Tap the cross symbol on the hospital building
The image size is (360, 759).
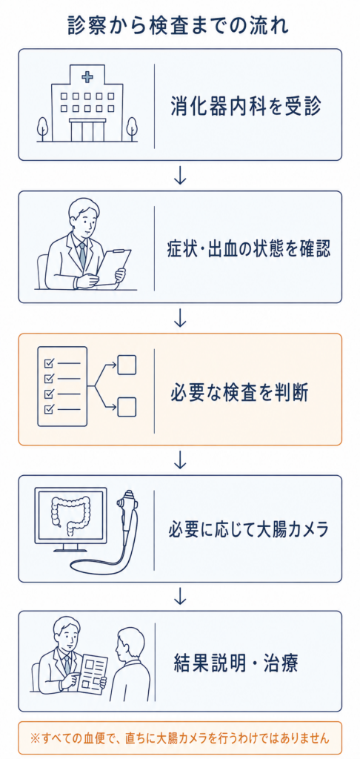pos(87,76)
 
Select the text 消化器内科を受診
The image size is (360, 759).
pos(246,106)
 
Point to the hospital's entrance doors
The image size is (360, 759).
pos(87,130)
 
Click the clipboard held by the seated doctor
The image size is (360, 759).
pos(114,265)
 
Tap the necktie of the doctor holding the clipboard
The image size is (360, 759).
pos(82,253)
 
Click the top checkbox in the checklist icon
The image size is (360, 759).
pos(48,362)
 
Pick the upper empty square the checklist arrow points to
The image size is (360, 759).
pos(127,365)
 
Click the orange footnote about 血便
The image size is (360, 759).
pos(179,738)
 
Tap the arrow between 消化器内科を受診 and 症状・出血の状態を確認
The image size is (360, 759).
pos(179,176)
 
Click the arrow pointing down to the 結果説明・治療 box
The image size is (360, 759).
pos(179,596)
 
